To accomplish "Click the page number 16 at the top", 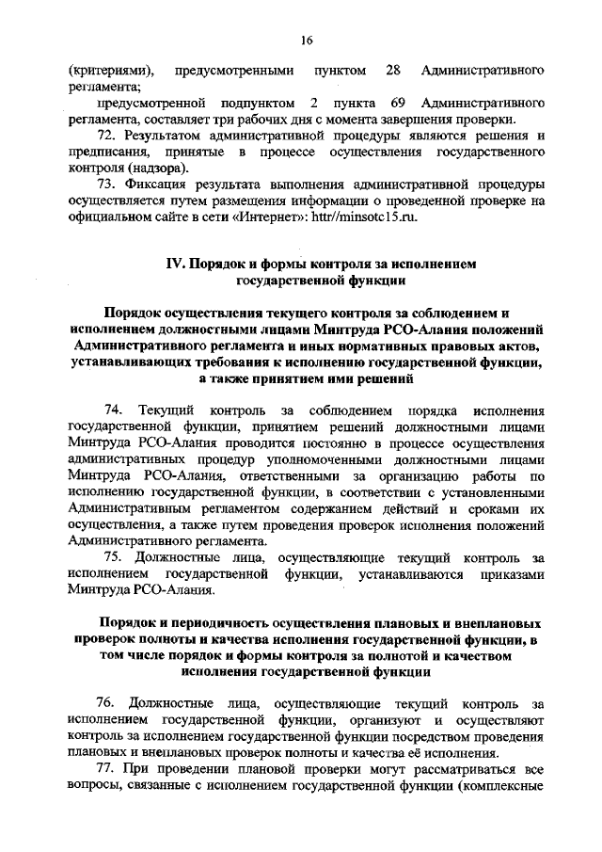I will point(307,40).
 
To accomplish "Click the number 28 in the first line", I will point(394,71).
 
